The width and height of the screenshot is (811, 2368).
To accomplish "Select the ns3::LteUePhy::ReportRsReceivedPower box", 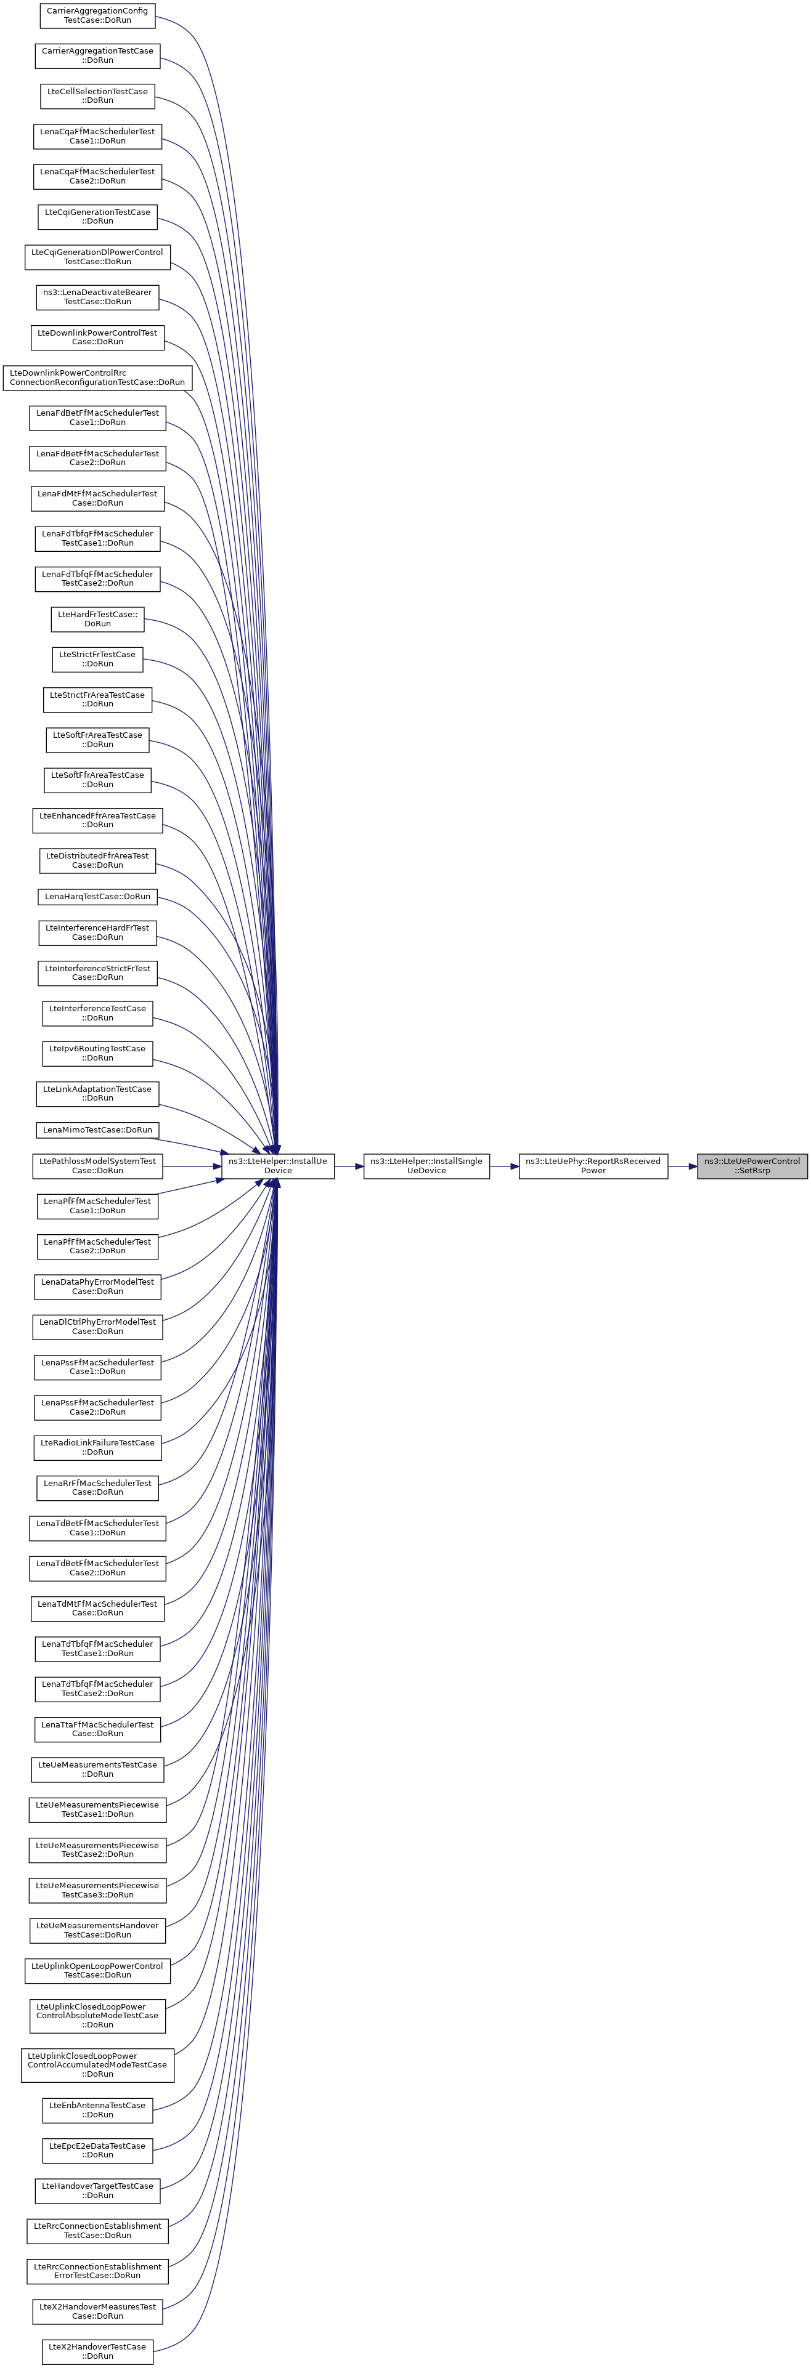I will click(x=593, y=1166).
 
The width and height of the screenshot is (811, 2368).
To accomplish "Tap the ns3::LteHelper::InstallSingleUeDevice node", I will click(x=426, y=1166).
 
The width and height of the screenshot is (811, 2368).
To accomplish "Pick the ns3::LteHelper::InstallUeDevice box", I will click(x=278, y=1166).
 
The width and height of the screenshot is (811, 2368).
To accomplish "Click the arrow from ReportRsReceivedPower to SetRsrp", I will click(x=682, y=1166).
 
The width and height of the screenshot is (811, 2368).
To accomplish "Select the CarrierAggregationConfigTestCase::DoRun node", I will click(x=97, y=15).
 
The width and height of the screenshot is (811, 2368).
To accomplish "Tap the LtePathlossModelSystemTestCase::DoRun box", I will click(x=97, y=1166).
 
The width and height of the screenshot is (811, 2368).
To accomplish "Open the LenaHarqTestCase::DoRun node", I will click(x=97, y=896).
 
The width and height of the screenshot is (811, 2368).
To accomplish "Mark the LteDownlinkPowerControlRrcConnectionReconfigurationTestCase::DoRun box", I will click(x=97, y=377).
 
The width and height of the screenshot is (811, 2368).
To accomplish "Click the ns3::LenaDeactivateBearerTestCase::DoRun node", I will click(x=97, y=297).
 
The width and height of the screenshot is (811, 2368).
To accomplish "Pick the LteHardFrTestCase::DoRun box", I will click(x=97, y=619).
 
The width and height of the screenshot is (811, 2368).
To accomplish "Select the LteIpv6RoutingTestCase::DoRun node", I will click(x=97, y=1053).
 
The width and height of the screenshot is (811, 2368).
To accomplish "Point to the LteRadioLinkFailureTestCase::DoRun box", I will click(x=97, y=1447).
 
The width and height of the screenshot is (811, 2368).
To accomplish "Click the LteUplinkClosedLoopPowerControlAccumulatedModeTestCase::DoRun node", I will click(x=97, y=2064).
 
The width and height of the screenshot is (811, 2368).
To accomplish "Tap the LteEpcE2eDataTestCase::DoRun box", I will click(x=97, y=2150).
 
